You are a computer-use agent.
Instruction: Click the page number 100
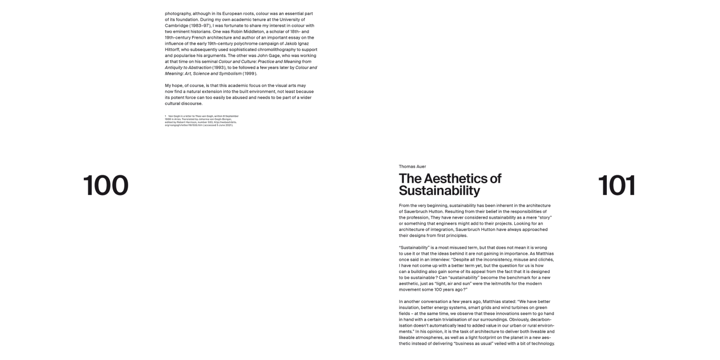coord(105,186)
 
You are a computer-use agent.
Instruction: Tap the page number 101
coord(617,186)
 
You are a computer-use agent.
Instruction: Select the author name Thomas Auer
coord(412,167)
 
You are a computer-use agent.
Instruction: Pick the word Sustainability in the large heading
coord(439,191)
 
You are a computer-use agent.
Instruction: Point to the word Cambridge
coord(176,25)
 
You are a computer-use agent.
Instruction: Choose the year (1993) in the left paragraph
coord(221,67)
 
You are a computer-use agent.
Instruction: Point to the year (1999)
coord(250,74)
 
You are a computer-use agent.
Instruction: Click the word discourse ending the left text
coord(192,103)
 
